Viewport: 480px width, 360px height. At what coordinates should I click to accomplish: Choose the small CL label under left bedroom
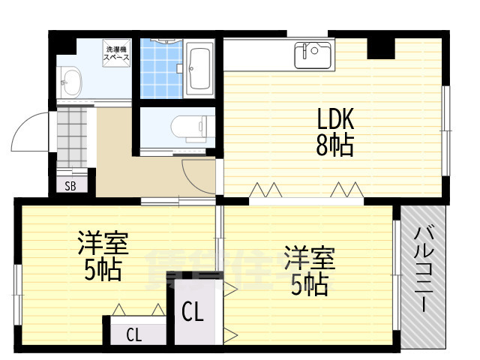coord(134,334)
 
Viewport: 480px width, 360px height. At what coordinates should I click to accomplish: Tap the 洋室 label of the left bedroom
coord(103,244)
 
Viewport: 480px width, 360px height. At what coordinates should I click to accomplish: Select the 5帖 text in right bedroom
coord(310,283)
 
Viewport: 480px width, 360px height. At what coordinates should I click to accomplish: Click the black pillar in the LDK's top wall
coord(380,47)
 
